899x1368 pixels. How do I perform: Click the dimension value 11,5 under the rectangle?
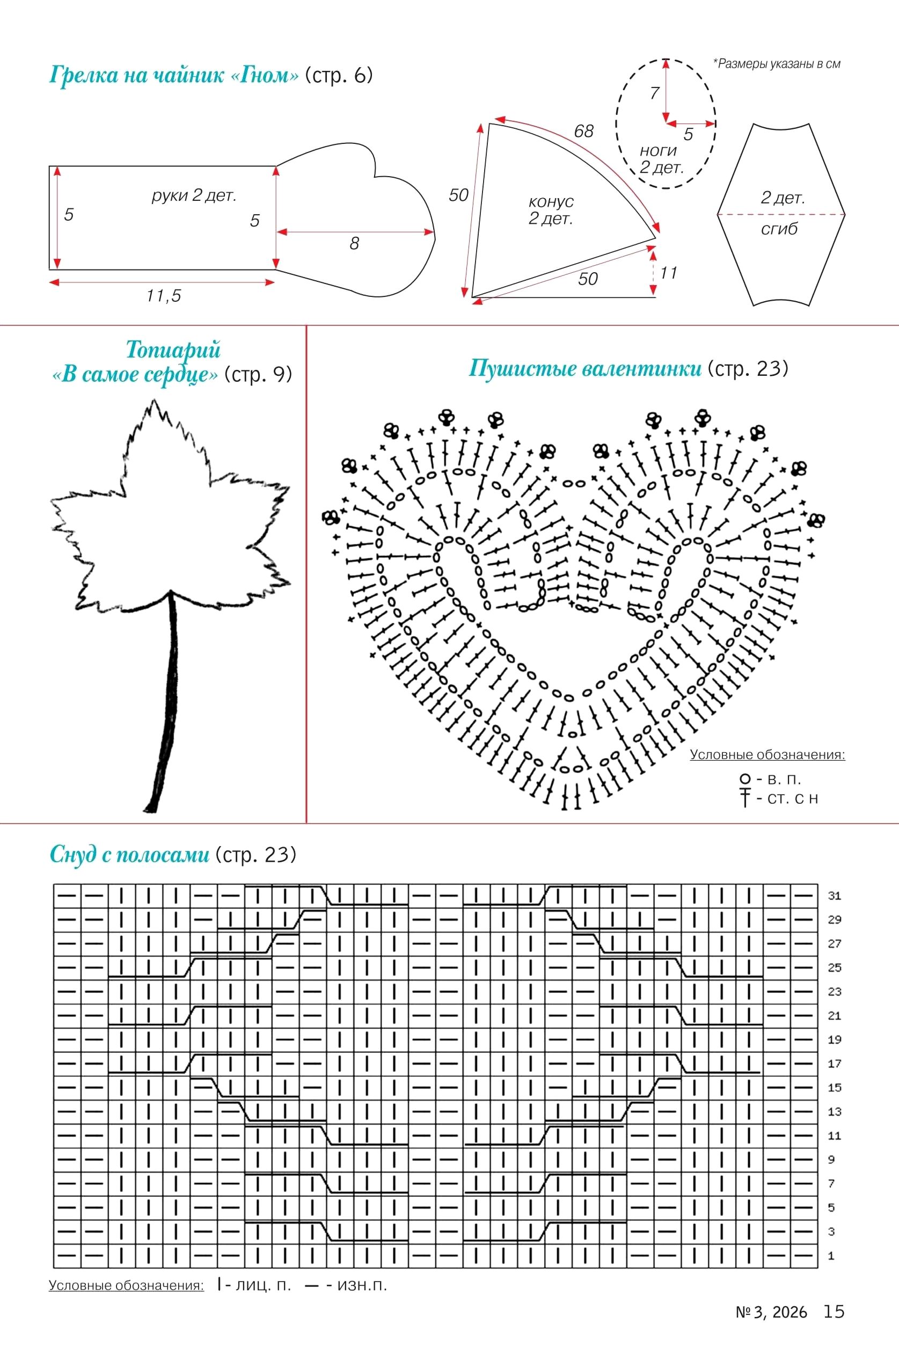[x=164, y=295]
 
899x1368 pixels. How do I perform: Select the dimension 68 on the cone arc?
[x=583, y=132]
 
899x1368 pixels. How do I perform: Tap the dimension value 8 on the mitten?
[x=354, y=244]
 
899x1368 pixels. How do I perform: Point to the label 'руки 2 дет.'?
[x=194, y=195]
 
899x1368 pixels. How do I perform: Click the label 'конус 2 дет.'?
[x=551, y=210]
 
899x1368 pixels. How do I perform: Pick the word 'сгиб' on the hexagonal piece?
[x=779, y=229]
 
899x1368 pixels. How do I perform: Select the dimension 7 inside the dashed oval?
[x=654, y=92]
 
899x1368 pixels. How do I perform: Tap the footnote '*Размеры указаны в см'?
[x=777, y=64]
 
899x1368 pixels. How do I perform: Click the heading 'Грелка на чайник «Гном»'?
[x=174, y=75]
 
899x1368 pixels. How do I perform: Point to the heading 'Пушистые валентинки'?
[x=585, y=368]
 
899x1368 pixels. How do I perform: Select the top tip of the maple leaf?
[x=154, y=399]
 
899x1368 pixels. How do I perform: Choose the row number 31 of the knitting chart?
[x=834, y=896]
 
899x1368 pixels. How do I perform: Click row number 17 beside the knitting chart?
[x=834, y=1064]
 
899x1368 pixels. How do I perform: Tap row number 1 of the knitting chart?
[x=831, y=1256]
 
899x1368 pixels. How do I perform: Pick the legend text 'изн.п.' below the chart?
[x=362, y=1285]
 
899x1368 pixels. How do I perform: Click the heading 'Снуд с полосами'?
[x=129, y=855]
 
